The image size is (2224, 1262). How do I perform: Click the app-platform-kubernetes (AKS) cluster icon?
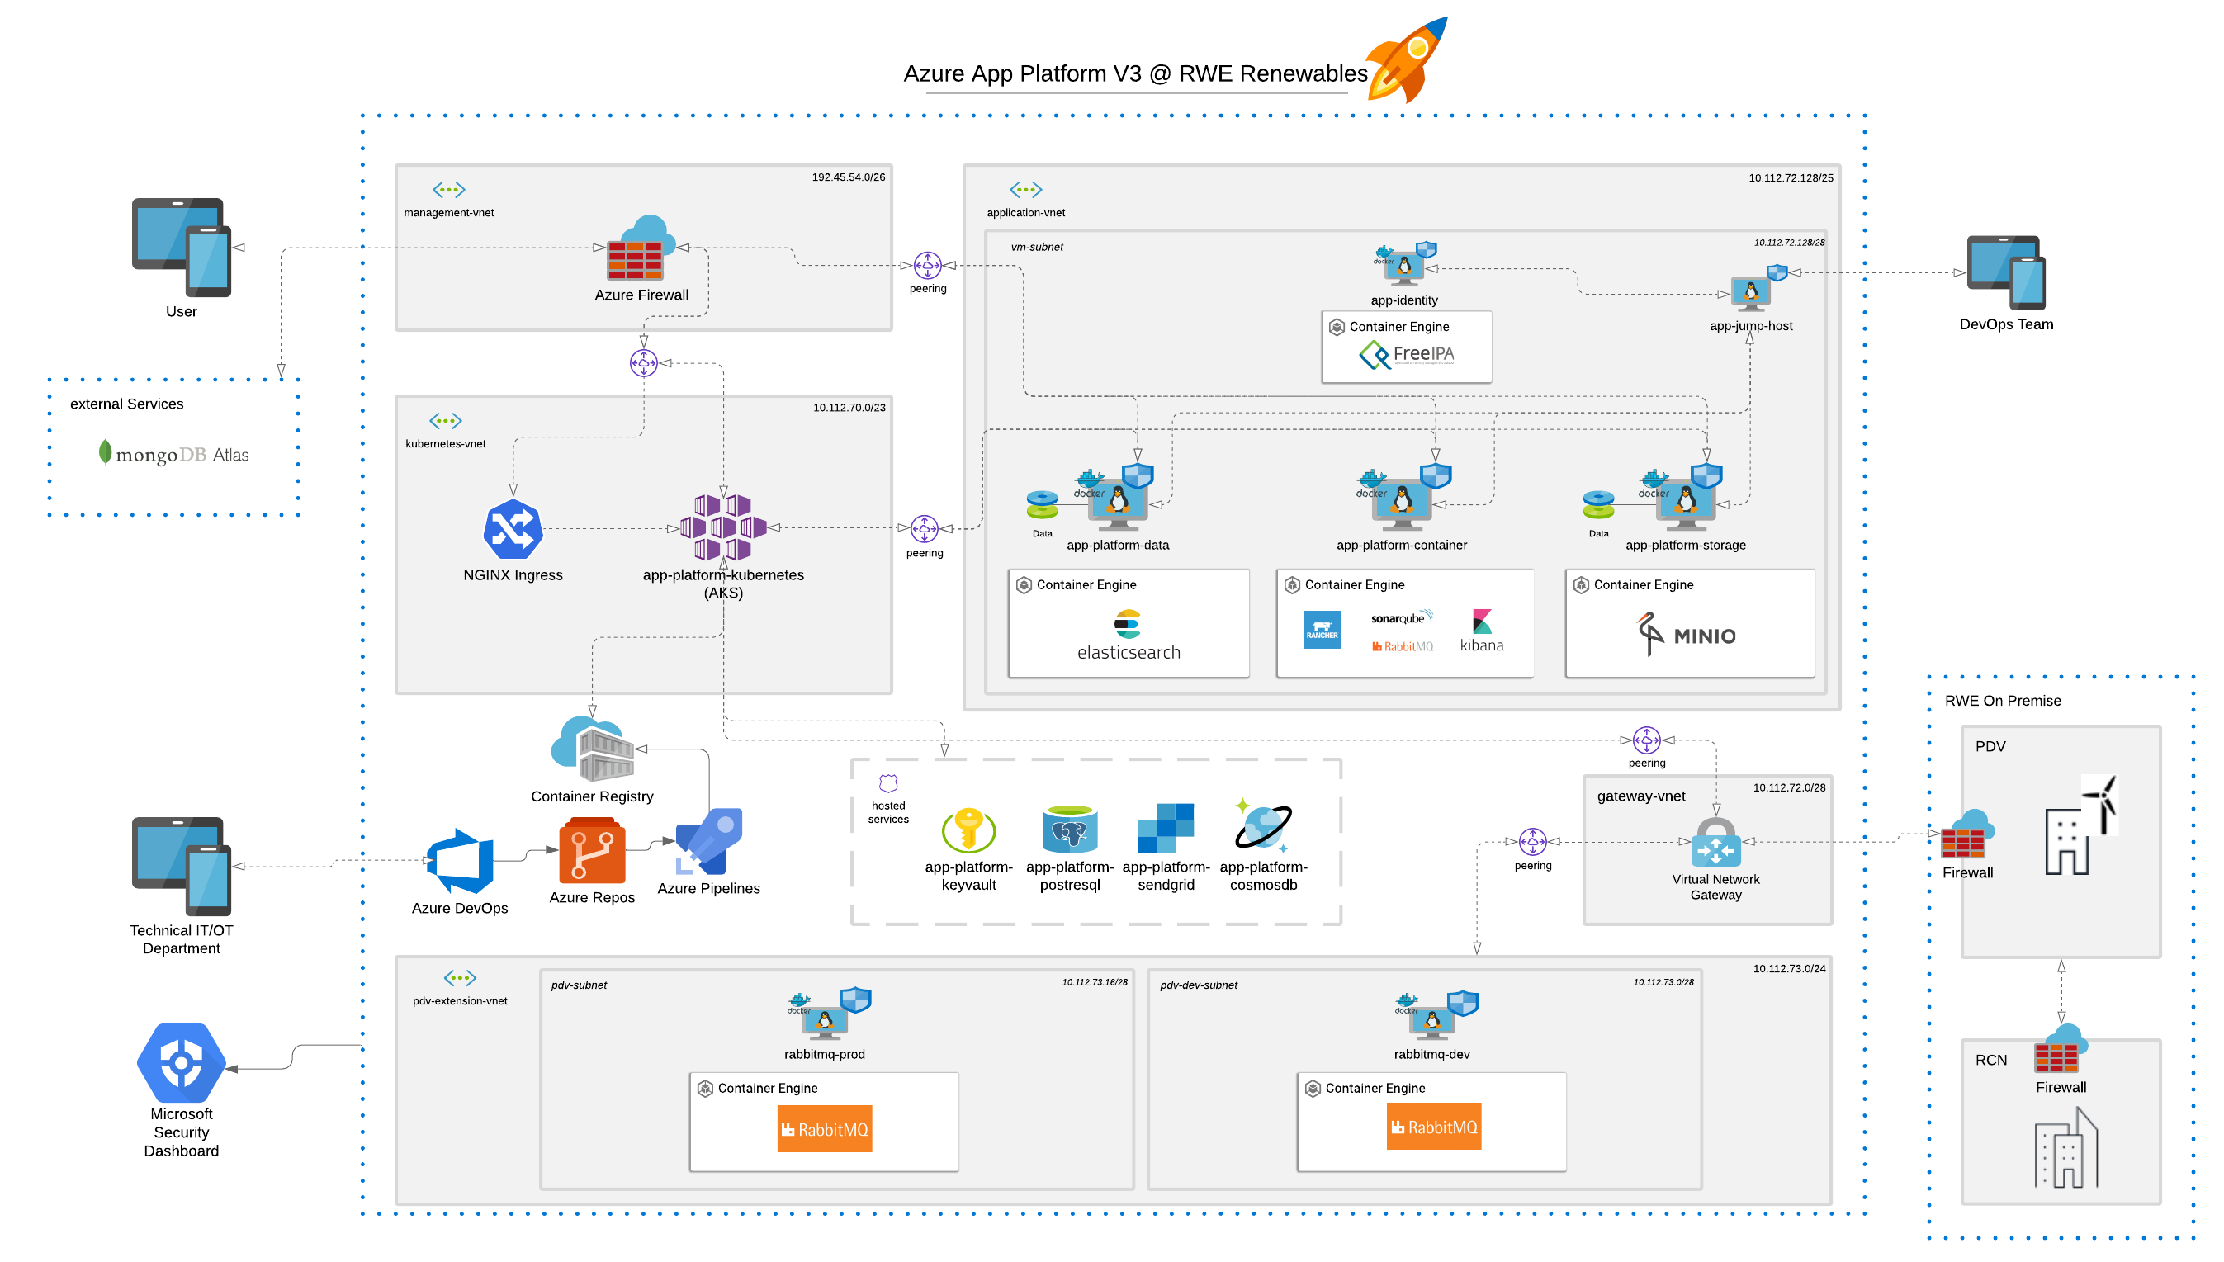[x=723, y=527]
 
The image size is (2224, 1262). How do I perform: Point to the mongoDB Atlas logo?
[x=173, y=454]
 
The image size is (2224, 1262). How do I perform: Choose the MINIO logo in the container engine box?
[x=1686, y=635]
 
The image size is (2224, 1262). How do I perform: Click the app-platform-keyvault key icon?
[x=968, y=830]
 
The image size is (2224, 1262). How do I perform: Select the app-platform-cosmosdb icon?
[x=1263, y=826]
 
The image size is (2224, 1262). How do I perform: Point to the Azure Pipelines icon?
[x=709, y=842]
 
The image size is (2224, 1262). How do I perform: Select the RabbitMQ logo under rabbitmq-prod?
[x=823, y=1128]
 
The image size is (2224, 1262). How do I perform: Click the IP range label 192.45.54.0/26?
[x=848, y=177]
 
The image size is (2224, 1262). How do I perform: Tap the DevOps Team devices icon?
[x=2004, y=272]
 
